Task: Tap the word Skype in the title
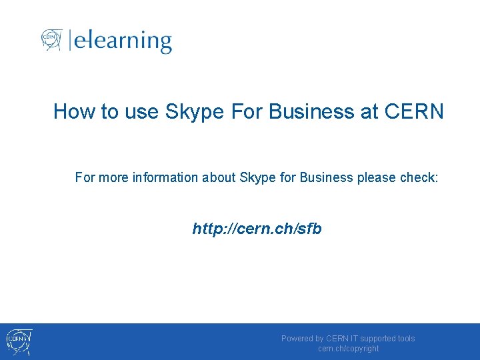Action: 195,111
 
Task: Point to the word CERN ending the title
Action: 414,111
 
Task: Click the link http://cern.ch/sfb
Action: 257,229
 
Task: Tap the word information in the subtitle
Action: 165,177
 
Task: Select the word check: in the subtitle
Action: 419,177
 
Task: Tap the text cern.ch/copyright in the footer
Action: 348,349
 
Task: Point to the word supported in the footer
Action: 377,339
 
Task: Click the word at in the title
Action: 369,111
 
